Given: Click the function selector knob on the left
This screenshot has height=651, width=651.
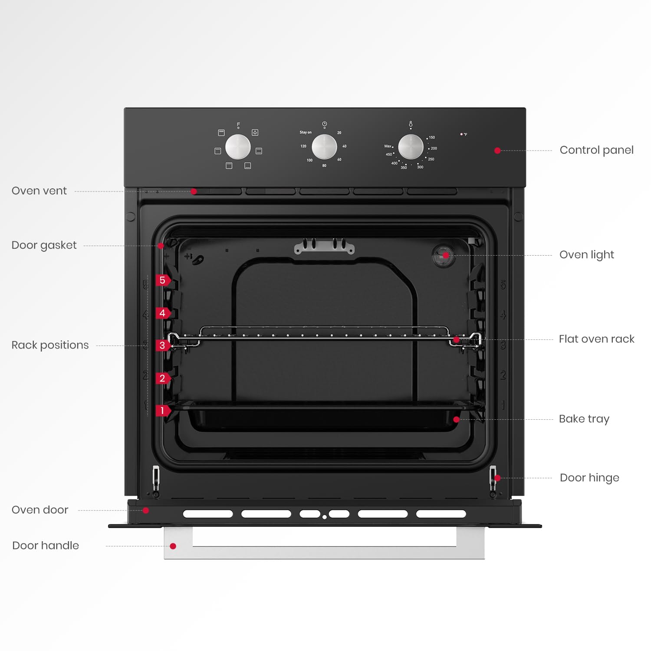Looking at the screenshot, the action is pos(238,147).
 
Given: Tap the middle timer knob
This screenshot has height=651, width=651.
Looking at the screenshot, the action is pos(324,147).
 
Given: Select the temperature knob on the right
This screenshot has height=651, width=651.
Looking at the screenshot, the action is pos(411,147).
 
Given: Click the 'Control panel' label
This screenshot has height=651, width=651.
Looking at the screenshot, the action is pos(596,150).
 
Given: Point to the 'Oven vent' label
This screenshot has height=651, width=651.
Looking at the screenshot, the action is pos(39,191).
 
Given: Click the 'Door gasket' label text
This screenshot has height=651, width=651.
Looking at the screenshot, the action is pos(44,245).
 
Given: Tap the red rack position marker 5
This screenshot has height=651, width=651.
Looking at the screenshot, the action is pos(163,280).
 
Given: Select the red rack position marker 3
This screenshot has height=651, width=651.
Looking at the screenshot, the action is pos(163,345).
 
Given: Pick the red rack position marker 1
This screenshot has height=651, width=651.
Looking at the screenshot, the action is pos(163,411).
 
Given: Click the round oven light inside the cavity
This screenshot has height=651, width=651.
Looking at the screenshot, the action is pos(444,255).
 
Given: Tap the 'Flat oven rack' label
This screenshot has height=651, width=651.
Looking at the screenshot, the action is pos(596,339).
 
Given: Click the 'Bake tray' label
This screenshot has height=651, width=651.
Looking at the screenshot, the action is pos(584,419).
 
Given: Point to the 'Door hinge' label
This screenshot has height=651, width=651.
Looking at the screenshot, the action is pos(589,478).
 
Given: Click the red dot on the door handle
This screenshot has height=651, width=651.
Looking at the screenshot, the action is pos(173,546).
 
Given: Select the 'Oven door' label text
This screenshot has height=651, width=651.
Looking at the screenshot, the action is pos(40,510).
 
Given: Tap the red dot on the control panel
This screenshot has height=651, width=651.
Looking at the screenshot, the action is pos(497,151).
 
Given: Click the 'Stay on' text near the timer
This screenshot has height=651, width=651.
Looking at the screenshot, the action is pos(306,132).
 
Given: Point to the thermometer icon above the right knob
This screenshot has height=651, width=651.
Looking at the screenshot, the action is pos(411,125).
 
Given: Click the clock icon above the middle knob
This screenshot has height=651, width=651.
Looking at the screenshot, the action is pos(324,124).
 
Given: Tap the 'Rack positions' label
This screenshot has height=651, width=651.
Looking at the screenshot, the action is pos(50,345).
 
